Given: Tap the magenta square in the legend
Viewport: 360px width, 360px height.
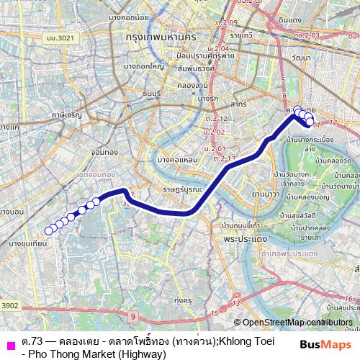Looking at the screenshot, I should (10, 341).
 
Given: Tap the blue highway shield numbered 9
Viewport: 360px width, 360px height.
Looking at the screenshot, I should (132, 315).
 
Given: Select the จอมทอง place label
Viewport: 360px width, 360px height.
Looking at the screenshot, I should (105, 153).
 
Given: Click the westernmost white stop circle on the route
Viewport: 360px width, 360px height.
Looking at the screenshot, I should (49, 230).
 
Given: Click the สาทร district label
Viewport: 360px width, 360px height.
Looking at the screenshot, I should (239, 104).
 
